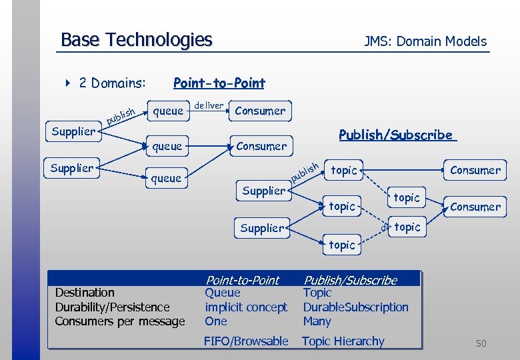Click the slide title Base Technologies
click(x=136, y=40)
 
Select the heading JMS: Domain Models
click(x=425, y=41)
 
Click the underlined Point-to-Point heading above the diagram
click(x=219, y=83)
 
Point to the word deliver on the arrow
click(x=209, y=105)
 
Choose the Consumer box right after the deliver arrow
click(x=260, y=111)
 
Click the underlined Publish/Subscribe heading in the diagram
click(x=396, y=135)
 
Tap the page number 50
click(x=481, y=343)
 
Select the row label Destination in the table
click(x=85, y=293)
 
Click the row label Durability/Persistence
click(x=112, y=307)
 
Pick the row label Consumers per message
click(x=120, y=321)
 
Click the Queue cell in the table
click(x=223, y=293)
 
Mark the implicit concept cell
click(x=246, y=307)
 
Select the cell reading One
click(x=216, y=321)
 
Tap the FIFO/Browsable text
click(x=246, y=341)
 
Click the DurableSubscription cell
click(x=355, y=307)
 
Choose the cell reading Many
click(x=317, y=321)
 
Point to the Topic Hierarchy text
click(x=343, y=341)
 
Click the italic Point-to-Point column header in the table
click(x=242, y=281)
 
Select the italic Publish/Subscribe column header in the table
click(x=350, y=281)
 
